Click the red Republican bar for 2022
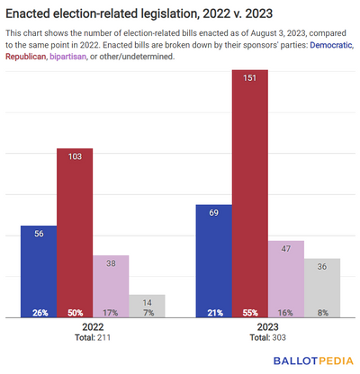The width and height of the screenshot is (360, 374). [75, 234]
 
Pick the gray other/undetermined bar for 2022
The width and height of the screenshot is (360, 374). [147, 306]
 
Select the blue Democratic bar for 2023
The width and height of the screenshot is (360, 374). [213, 261]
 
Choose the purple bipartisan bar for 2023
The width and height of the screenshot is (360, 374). [285, 279]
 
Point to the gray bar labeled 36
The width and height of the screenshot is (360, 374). [321, 288]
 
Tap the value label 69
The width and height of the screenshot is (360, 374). [213, 214]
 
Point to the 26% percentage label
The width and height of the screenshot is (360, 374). [39, 312]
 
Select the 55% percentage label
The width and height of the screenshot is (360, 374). [249, 312]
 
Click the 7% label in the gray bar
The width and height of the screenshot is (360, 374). [147, 312]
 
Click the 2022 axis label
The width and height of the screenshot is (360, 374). [93, 328]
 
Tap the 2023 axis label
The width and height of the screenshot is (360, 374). [267, 328]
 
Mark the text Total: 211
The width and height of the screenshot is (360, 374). [93, 339]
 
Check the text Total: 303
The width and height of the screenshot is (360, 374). [267, 339]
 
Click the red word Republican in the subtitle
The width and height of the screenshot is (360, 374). [27, 56]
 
